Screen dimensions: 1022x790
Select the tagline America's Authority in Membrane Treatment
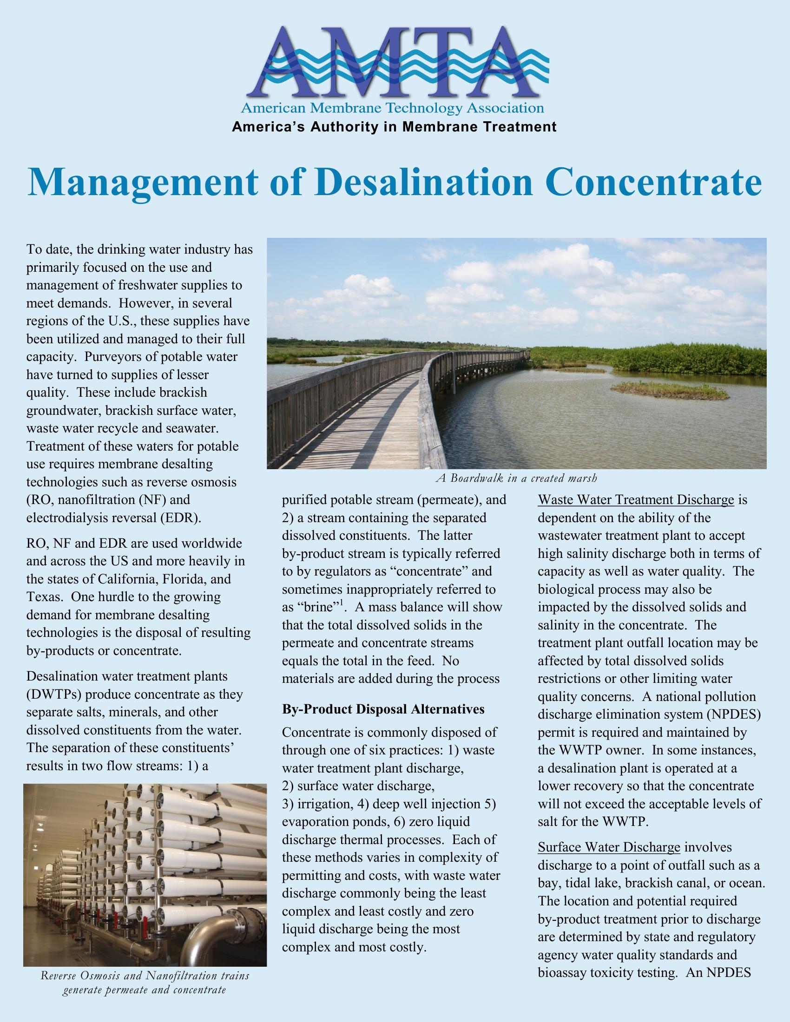click(395, 127)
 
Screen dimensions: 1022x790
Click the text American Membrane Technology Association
click(392, 109)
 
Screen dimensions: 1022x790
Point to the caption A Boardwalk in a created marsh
click(516, 478)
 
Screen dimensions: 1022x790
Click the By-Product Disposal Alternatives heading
click(383, 709)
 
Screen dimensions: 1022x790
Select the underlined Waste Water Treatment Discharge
click(636, 500)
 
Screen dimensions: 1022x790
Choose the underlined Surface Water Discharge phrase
click(609, 847)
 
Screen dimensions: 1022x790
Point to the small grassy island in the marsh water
click(670, 389)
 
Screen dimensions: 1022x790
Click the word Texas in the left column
click(45, 597)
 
